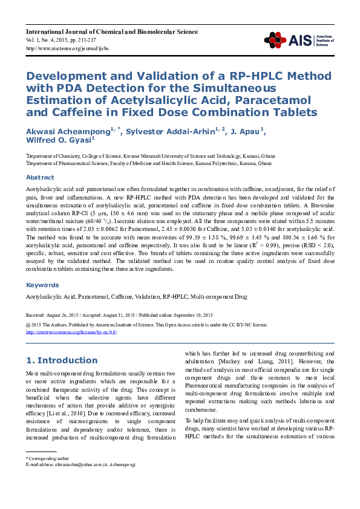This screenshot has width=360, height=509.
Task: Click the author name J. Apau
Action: pyautogui.click(x=245, y=132)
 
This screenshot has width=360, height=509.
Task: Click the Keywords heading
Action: pyautogui.click(x=42, y=285)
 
